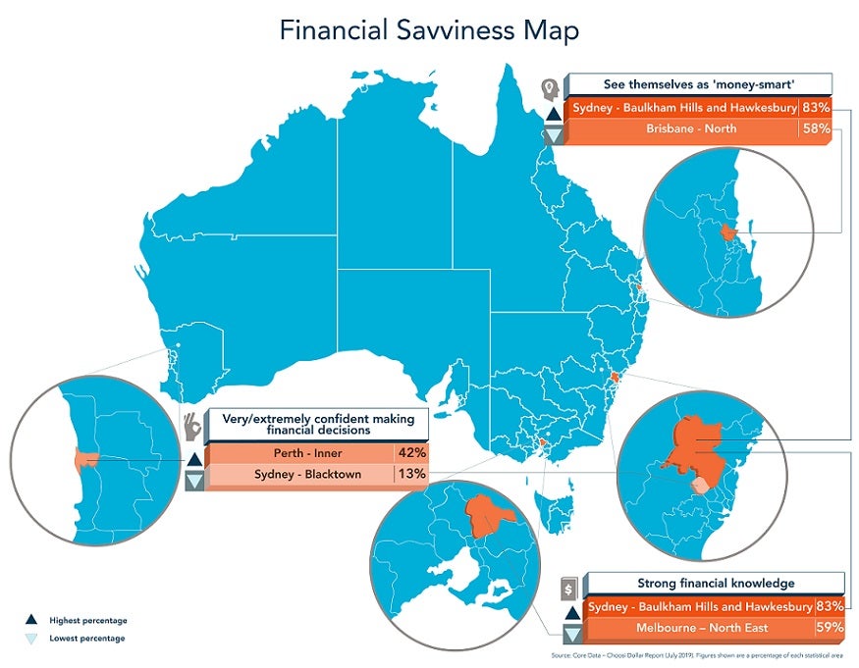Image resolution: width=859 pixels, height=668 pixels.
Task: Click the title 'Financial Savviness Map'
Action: pos(429,30)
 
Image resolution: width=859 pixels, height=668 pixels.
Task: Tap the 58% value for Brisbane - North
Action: pos(817,129)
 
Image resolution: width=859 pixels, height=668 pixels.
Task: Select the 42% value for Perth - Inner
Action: pos(411,453)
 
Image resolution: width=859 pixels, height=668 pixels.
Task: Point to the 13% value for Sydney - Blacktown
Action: pos(410,475)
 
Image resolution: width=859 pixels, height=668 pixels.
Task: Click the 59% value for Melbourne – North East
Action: pos(830,628)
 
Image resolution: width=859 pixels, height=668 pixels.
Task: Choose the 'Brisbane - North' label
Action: pos(691,129)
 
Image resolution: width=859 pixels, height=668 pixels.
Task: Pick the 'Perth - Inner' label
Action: pos(302,453)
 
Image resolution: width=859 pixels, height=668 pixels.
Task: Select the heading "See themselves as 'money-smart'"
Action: pos(698,83)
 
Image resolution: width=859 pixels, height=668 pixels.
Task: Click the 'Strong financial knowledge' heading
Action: pos(716,584)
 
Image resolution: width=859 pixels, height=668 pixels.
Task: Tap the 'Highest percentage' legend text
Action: pos(88,620)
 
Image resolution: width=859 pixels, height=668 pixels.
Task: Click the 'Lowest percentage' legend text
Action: pos(87,639)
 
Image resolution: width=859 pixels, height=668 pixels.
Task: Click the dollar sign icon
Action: pos(567,590)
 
